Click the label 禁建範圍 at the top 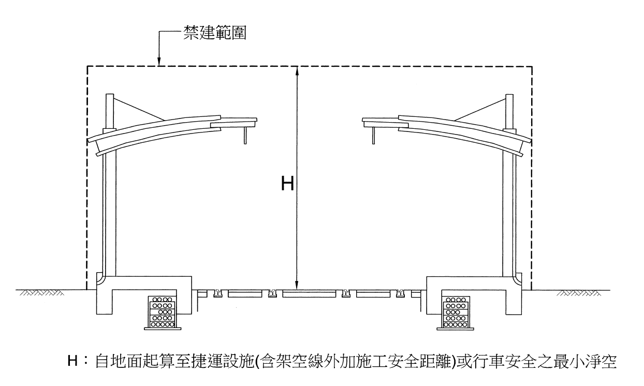pyautogui.click(x=215, y=33)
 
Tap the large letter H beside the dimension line pyautogui.click(x=287, y=183)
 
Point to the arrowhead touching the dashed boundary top pyautogui.click(x=159, y=62)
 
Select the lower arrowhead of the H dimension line pyautogui.click(x=298, y=285)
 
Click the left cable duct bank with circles pyautogui.click(x=163, y=313)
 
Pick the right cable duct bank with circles pyautogui.click(x=455, y=313)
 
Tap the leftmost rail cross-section pyautogui.click(x=217, y=293)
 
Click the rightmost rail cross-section pyautogui.click(x=400, y=293)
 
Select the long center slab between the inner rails pyautogui.click(x=309, y=294)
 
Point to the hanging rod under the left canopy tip pyautogui.click(x=245, y=135)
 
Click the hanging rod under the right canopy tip pyautogui.click(x=373, y=135)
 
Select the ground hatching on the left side pyautogui.click(x=42, y=293)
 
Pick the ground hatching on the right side pyautogui.click(x=578, y=293)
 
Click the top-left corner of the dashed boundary pyautogui.click(x=87, y=67)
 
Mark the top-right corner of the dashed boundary pyautogui.click(x=532, y=67)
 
